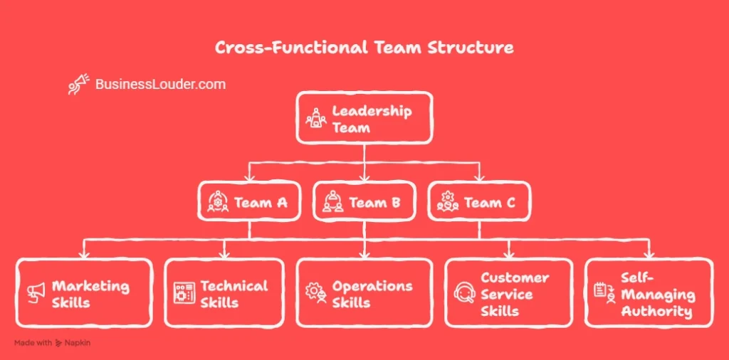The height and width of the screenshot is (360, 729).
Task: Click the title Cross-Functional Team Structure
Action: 364,48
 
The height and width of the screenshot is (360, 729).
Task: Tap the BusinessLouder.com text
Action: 160,85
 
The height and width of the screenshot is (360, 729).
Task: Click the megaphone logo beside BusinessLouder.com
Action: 78,84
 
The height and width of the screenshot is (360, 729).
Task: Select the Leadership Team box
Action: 364,117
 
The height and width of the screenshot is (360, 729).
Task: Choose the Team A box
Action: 249,202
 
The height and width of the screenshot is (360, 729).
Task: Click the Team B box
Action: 364,202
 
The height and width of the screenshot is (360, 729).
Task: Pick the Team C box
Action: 479,202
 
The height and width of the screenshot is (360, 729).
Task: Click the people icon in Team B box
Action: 332,203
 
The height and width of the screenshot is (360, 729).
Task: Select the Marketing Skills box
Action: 84,293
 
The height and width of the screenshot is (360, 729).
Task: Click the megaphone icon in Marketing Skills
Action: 36,292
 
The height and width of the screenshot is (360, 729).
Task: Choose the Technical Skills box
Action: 224,293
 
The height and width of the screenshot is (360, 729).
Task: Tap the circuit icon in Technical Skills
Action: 184,292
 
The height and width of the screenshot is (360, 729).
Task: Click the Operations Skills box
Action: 364,293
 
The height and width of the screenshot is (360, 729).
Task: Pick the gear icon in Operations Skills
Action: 316,292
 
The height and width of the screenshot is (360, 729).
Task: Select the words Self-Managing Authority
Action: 656,294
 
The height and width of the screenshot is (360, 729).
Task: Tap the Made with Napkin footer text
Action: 52,343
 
